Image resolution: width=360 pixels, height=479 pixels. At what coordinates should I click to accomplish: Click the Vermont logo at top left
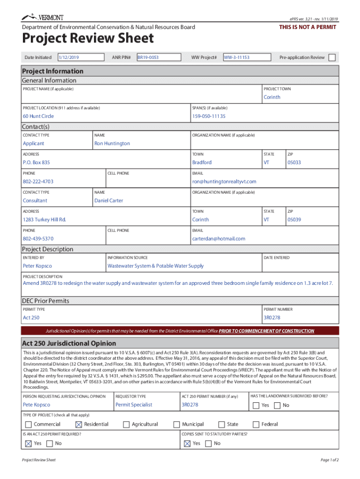point(43,18)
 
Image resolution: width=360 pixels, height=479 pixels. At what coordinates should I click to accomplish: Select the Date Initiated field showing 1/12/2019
point(80,58)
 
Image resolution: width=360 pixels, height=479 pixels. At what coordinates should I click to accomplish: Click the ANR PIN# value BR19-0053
point(158,58)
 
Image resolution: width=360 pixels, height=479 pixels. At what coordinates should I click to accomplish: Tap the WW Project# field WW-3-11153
point(247,58)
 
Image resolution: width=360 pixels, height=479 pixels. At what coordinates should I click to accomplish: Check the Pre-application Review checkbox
point(332,58)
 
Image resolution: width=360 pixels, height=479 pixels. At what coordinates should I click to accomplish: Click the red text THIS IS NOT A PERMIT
point(307,27)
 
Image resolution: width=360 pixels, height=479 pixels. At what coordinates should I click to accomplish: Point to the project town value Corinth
point(272,97)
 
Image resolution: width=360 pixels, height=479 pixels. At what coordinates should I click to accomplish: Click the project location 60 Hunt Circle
point(38,116)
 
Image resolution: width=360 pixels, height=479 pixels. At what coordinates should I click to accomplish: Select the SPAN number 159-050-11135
point(209,116)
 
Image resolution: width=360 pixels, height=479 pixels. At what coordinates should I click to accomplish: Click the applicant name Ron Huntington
point(112,144)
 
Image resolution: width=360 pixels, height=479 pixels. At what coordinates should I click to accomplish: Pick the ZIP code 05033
point(294,162)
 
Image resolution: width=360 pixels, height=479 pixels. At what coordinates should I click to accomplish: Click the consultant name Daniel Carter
point(109,201)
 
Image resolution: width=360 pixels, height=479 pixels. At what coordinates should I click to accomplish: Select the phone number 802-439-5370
point(38,239)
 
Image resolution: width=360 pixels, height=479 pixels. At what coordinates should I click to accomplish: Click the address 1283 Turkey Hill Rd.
point(44,219)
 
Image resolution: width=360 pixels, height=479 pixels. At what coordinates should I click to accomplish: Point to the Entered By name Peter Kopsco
point(37,266)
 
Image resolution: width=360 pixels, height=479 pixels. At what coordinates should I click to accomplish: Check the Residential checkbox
point(78,425)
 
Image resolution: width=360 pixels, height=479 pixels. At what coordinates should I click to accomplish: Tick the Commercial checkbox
point(28,425)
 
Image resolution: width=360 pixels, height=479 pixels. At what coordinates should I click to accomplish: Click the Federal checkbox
point(256,425)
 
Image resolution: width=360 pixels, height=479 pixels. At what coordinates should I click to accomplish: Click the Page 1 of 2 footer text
point(329,460)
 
